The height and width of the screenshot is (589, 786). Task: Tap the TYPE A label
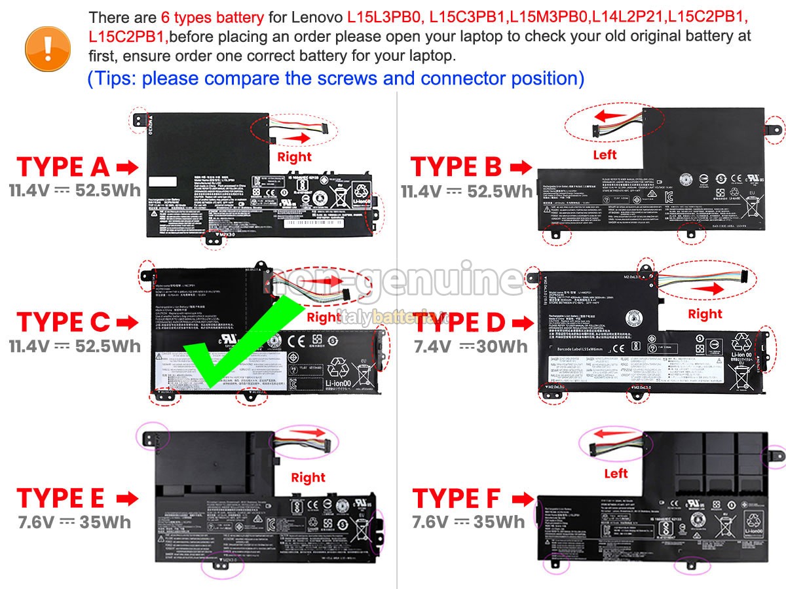tap(63, 168)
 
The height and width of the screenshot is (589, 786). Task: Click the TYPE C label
tap(63, 322)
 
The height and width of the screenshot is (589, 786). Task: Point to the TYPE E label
tap(60, 499)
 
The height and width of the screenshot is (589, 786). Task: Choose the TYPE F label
tap(456, 499)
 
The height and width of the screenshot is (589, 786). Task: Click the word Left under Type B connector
tap(605, 155)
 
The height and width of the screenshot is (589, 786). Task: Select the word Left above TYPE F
tap(616, 473)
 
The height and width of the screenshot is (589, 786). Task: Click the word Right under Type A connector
tap(294, 157)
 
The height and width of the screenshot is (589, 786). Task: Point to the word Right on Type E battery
tap(308, 478)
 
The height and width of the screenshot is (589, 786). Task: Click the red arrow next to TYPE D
tap(522, 323)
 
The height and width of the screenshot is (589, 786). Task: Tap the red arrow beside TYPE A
tap(127, 168)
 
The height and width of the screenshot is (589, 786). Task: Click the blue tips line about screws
tap(335, 79)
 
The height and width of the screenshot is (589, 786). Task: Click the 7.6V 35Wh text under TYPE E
tap(74, 522)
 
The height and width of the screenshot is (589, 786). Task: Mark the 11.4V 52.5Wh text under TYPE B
tap(466, 191)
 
